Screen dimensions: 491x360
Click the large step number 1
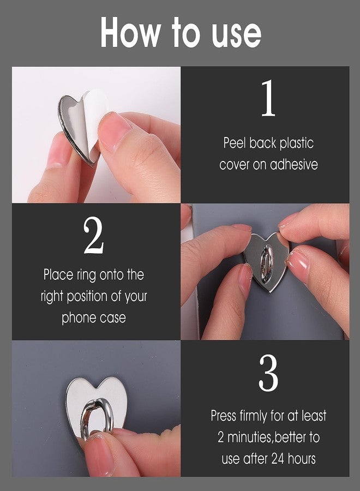point(267,100)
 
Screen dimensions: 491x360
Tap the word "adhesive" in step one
point(294,165)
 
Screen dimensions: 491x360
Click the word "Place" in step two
point(58,275)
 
